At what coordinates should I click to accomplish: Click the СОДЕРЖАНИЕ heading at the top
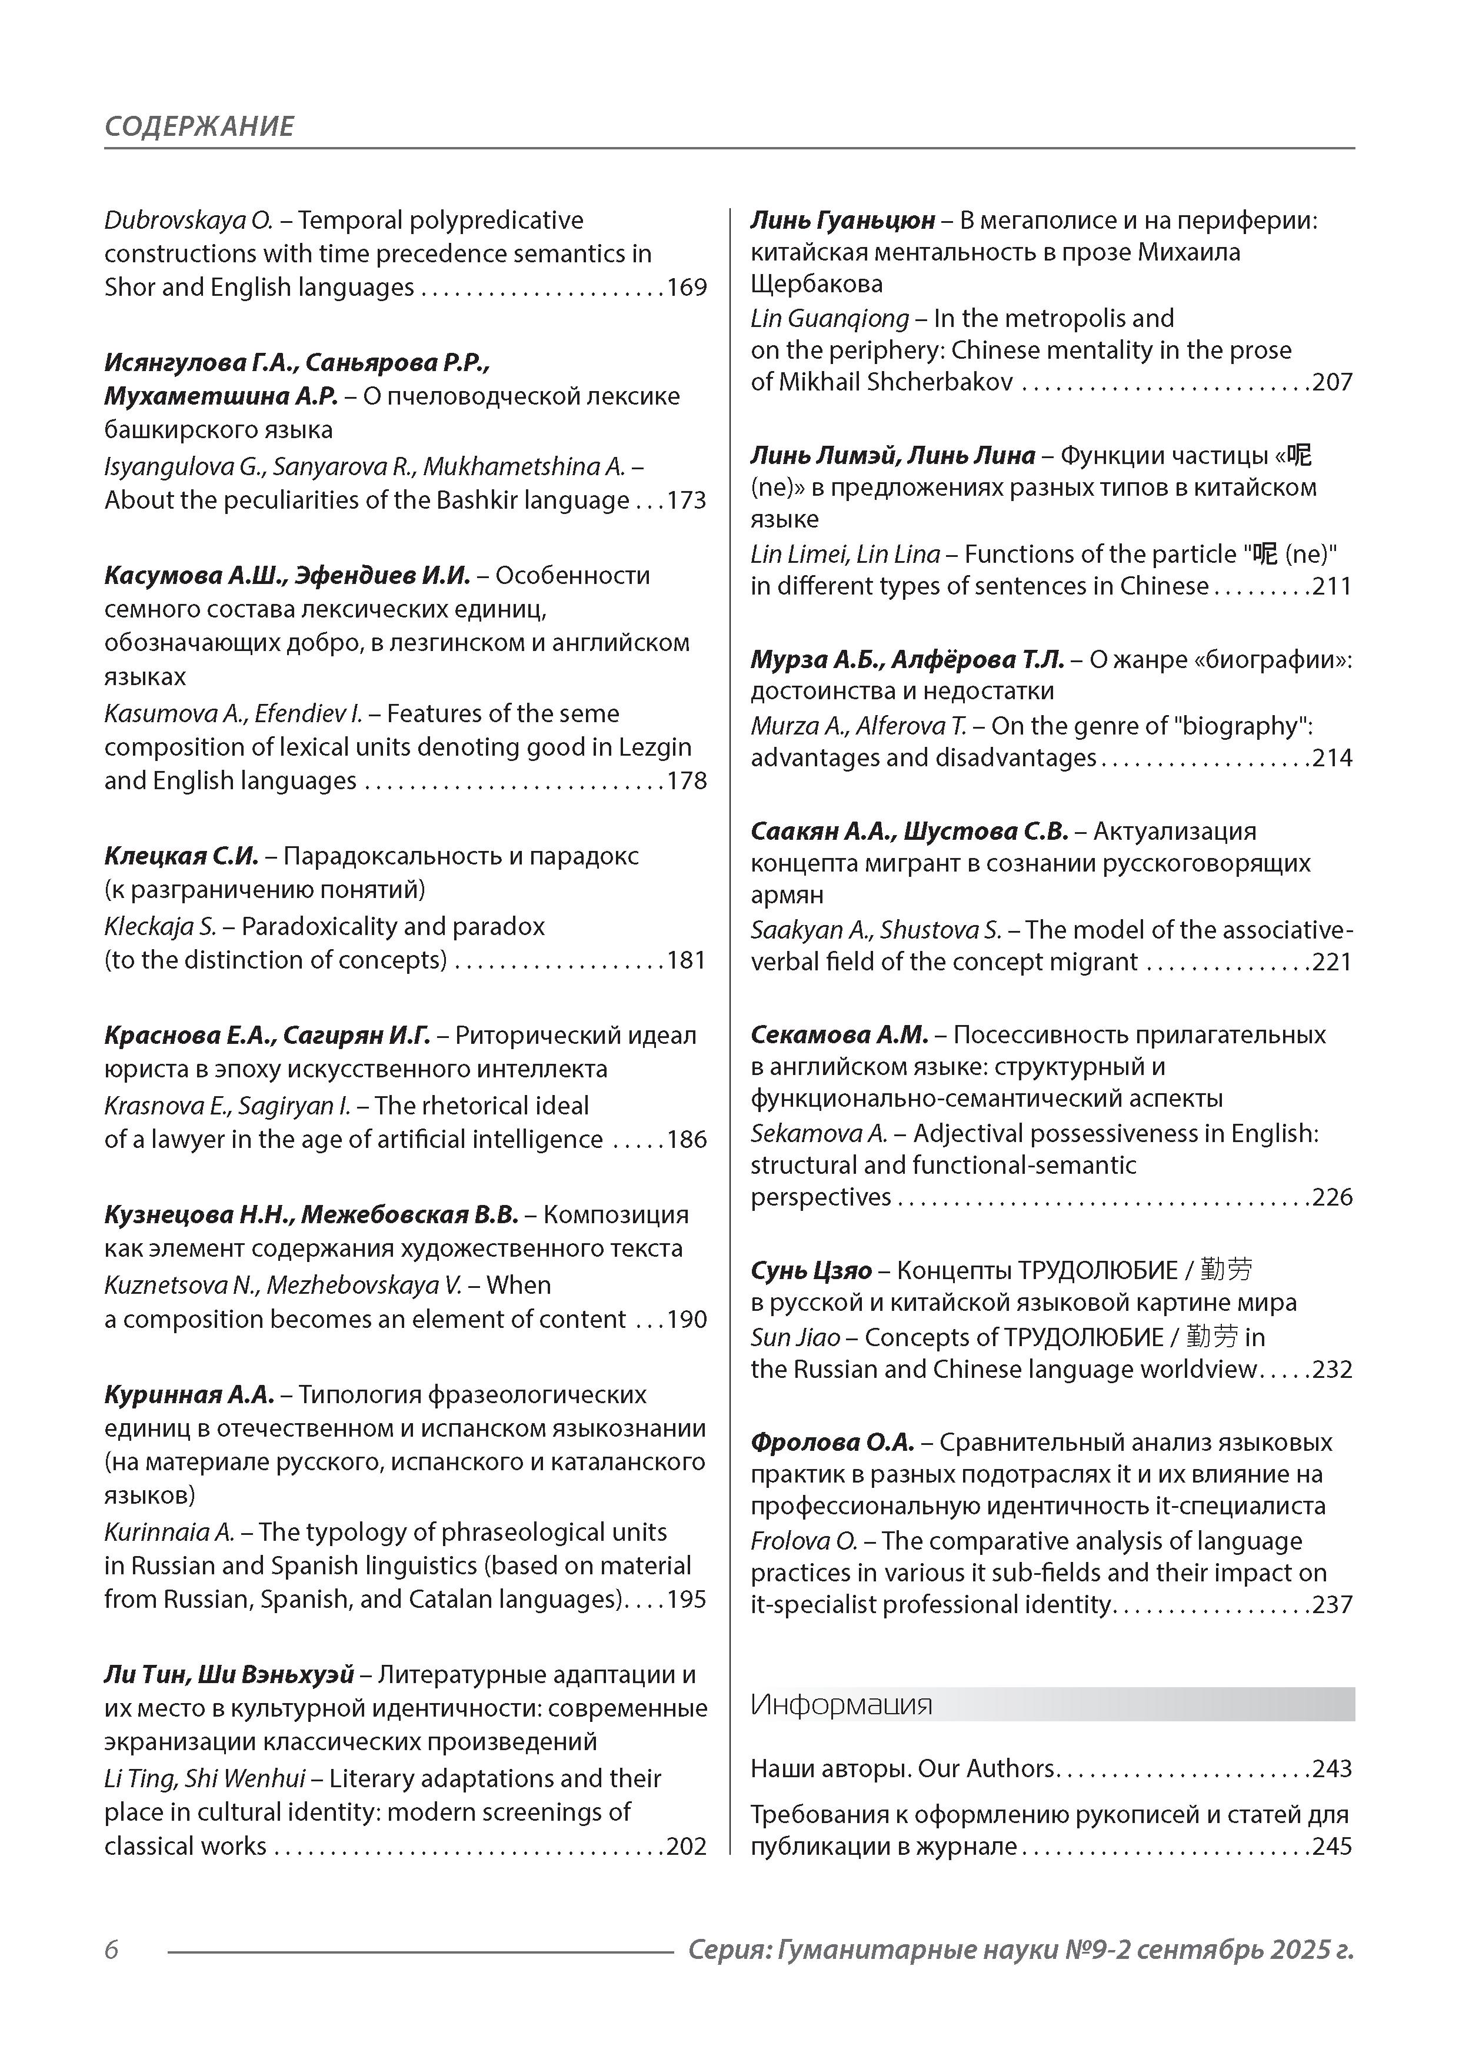pyautogui.click(x=199, y=126)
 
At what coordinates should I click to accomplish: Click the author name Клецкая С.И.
pyautogui.click(x=181, y=856)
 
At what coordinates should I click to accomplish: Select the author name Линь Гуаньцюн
pyautogui.click(x=842, y=220)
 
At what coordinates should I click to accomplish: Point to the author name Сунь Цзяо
pyautogui.click(x=811, y=1270)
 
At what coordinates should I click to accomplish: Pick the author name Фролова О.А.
pyautogui.click(x=831, y=1442)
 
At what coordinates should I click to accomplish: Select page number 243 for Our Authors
pyautogui.click(x=1333, y=1768)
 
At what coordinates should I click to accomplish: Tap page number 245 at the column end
pyautogui.click(x=1333, y=1847)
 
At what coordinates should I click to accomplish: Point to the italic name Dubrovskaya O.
pyautogui.click(x=188, y=220)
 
